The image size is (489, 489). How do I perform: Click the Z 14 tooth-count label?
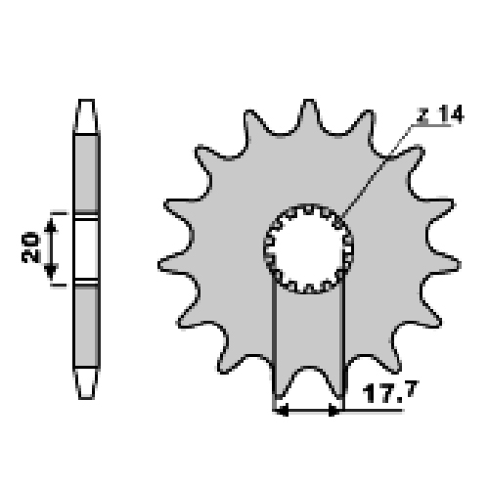440,114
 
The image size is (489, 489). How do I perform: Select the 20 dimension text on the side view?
30,247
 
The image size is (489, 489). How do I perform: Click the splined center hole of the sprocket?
308,248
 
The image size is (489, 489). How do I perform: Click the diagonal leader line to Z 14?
375,173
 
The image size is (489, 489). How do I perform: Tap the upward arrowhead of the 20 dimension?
50,226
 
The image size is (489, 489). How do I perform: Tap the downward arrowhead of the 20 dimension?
50,271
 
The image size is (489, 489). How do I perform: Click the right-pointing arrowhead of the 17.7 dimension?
333,411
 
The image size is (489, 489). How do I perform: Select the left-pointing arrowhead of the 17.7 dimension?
282,411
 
